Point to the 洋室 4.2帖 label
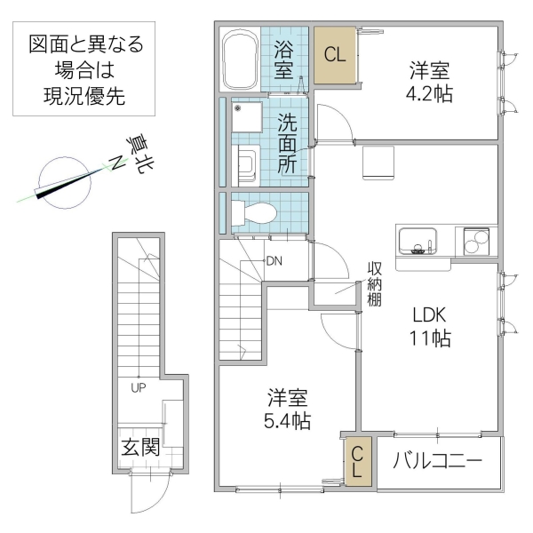(x=431, y=81)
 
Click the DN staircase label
(x=274, y=261)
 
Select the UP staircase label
(x=138, y=387)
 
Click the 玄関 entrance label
(x=140, y=447)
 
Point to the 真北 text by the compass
(x=134, y=152)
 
